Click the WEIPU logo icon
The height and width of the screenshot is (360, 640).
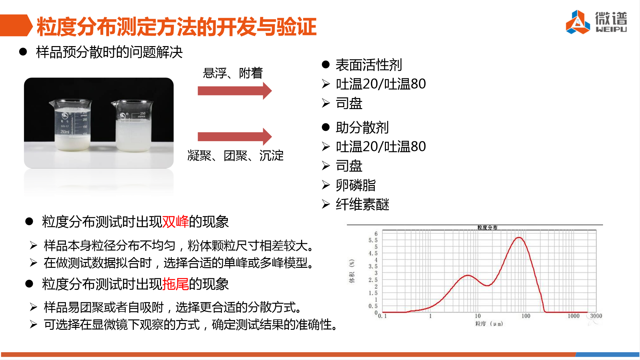coord(578,22)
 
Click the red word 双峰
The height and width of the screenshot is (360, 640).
coord(175,222)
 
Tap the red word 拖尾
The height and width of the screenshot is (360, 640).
coord(175,284)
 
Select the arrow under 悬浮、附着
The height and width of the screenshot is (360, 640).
coord(235,91)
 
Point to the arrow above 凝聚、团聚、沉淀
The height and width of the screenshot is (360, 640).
coord(235,137)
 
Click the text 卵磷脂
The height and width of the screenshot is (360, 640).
coord(356,185)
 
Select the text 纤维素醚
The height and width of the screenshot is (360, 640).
coord(363,205)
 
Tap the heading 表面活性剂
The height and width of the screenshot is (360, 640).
coord(369,65)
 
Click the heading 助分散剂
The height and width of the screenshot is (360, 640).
coord(362,127)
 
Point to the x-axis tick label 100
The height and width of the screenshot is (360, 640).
coord(526,316)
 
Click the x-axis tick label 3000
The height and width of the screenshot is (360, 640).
coord(596,316)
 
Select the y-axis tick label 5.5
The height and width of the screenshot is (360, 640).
coord(373,240)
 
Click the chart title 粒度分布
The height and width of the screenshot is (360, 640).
coord(487,228)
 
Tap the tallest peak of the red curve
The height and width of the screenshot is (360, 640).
coord(519,238)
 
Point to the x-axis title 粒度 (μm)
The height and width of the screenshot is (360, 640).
coord(489,324)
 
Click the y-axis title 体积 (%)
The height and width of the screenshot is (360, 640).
coord(352,271)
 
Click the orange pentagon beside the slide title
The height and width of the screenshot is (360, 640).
coord(16,25)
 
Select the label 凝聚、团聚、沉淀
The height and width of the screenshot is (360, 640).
coord(236,155)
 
